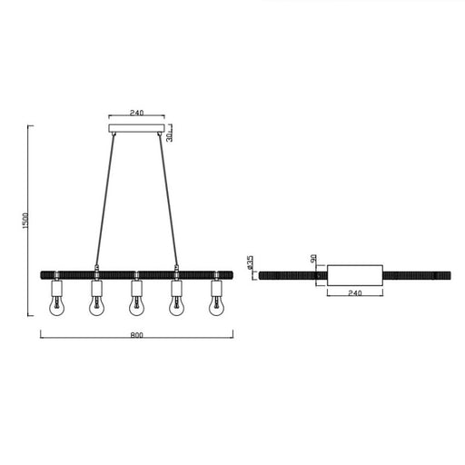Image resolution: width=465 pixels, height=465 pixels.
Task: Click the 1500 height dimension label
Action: click(x=25, y=221)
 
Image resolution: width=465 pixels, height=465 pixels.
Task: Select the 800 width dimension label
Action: click(x=136, y=335)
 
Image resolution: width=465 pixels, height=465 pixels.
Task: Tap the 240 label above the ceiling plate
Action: click(x=136, y=113)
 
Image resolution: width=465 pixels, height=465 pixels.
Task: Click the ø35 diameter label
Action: click(x=250, y=262)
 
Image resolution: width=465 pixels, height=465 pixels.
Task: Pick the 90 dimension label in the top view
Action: click(x=313, y=258)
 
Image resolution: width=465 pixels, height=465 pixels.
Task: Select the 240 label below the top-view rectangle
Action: click(x=355, y=293)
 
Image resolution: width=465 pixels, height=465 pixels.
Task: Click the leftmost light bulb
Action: click(x=56, y=306)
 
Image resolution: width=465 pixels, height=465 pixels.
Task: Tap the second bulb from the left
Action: click(x=96, y=306)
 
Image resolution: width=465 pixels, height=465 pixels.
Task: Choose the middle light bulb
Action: click(x=136, y=306)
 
